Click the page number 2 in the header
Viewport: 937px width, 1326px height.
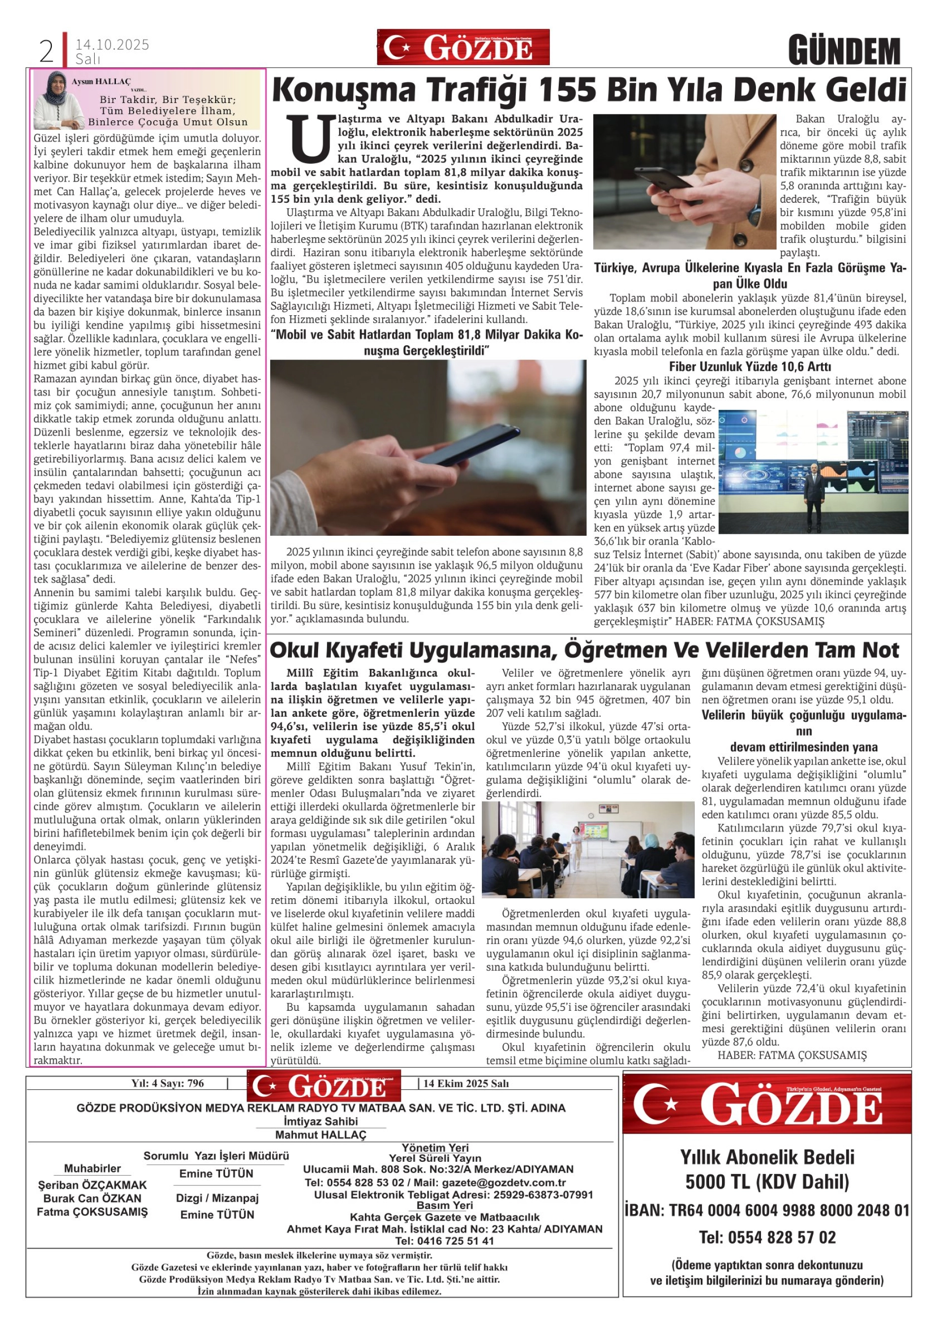(46, 52)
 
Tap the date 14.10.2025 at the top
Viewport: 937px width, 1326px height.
(112, 44)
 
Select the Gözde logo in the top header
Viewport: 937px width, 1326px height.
(463, 47)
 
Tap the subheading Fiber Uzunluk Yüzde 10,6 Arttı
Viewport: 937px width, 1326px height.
(750, 366)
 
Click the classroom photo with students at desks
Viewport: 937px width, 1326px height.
(588, 848)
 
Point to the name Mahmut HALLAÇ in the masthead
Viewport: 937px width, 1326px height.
(321, 1134)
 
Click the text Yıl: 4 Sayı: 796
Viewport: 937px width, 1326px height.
(167, 1083)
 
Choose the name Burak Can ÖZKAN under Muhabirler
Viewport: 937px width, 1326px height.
(92, 1198)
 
